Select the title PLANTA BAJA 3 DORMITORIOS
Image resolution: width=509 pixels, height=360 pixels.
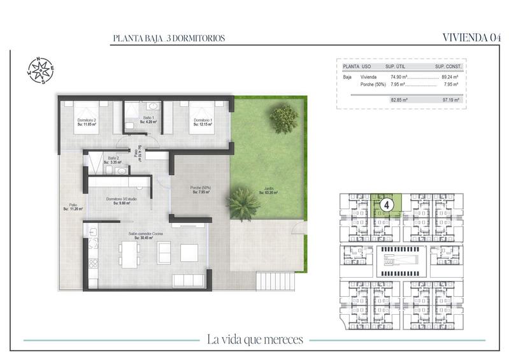[x=168, y=38]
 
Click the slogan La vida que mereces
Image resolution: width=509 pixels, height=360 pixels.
[x=255, y=338]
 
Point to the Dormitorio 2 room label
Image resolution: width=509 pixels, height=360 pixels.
[x=87, y=122]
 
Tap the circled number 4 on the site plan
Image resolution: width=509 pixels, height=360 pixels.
[x=385, y=206]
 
